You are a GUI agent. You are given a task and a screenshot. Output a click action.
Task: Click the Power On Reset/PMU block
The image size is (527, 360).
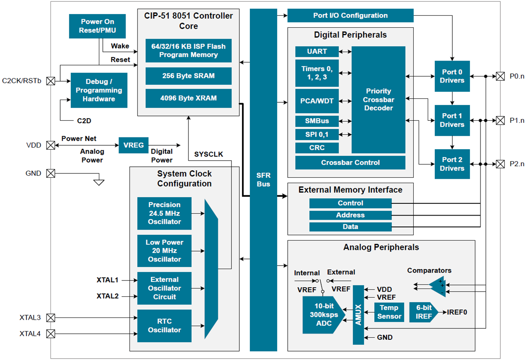[97, 26]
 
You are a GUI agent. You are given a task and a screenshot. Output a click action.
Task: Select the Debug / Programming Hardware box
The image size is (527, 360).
[99, 90]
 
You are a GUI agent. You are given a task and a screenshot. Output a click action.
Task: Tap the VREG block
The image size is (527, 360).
[134, 145]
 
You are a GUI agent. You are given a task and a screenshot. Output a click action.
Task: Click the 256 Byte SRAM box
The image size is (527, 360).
[188, 76]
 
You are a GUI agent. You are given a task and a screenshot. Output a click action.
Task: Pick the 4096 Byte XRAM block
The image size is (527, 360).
[188, 98]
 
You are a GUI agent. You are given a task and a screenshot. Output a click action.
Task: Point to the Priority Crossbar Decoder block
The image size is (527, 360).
[378, 100]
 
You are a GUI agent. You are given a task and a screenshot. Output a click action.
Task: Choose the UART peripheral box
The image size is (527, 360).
[317, 51]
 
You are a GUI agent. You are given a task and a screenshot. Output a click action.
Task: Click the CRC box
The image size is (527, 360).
[317, 148]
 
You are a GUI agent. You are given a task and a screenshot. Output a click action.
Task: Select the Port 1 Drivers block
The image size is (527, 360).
[452, 120]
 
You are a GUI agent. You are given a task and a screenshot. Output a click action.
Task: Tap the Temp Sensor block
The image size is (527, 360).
[389, 312]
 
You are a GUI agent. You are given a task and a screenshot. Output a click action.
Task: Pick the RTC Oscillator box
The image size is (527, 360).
[164, 326]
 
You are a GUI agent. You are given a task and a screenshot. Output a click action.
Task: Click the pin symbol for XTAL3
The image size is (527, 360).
[51, 317]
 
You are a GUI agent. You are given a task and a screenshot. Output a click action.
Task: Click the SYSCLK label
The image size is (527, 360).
[209, 154]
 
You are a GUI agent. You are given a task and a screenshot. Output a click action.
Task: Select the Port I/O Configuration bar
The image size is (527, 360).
[350, 16]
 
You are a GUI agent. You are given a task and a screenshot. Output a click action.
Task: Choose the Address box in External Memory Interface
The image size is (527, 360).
[350, 215]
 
